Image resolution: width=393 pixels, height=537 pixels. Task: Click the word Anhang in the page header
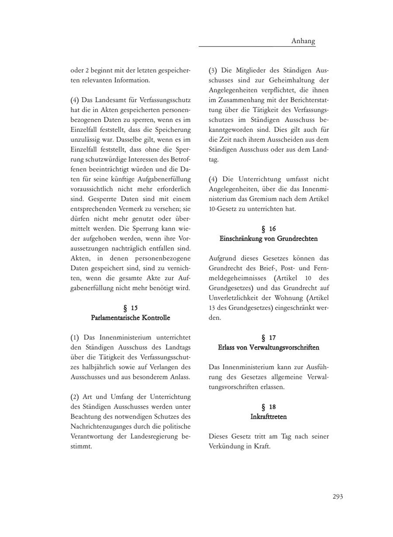point(303,41)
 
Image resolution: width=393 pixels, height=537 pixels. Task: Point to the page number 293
point(338,496)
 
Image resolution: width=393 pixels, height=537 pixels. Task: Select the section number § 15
point(131,308)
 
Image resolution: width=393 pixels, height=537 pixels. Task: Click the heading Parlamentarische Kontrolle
point(131,318)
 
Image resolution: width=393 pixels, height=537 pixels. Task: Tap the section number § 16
point(269,228)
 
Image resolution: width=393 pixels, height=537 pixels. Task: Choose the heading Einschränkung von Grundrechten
point(269,238)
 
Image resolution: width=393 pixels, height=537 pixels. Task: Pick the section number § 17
point(269,337)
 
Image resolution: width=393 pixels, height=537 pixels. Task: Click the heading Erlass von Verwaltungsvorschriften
point(269,347)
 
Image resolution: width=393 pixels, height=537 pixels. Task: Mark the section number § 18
point(269,407)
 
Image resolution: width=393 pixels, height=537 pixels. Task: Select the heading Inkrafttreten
point(269,417)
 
